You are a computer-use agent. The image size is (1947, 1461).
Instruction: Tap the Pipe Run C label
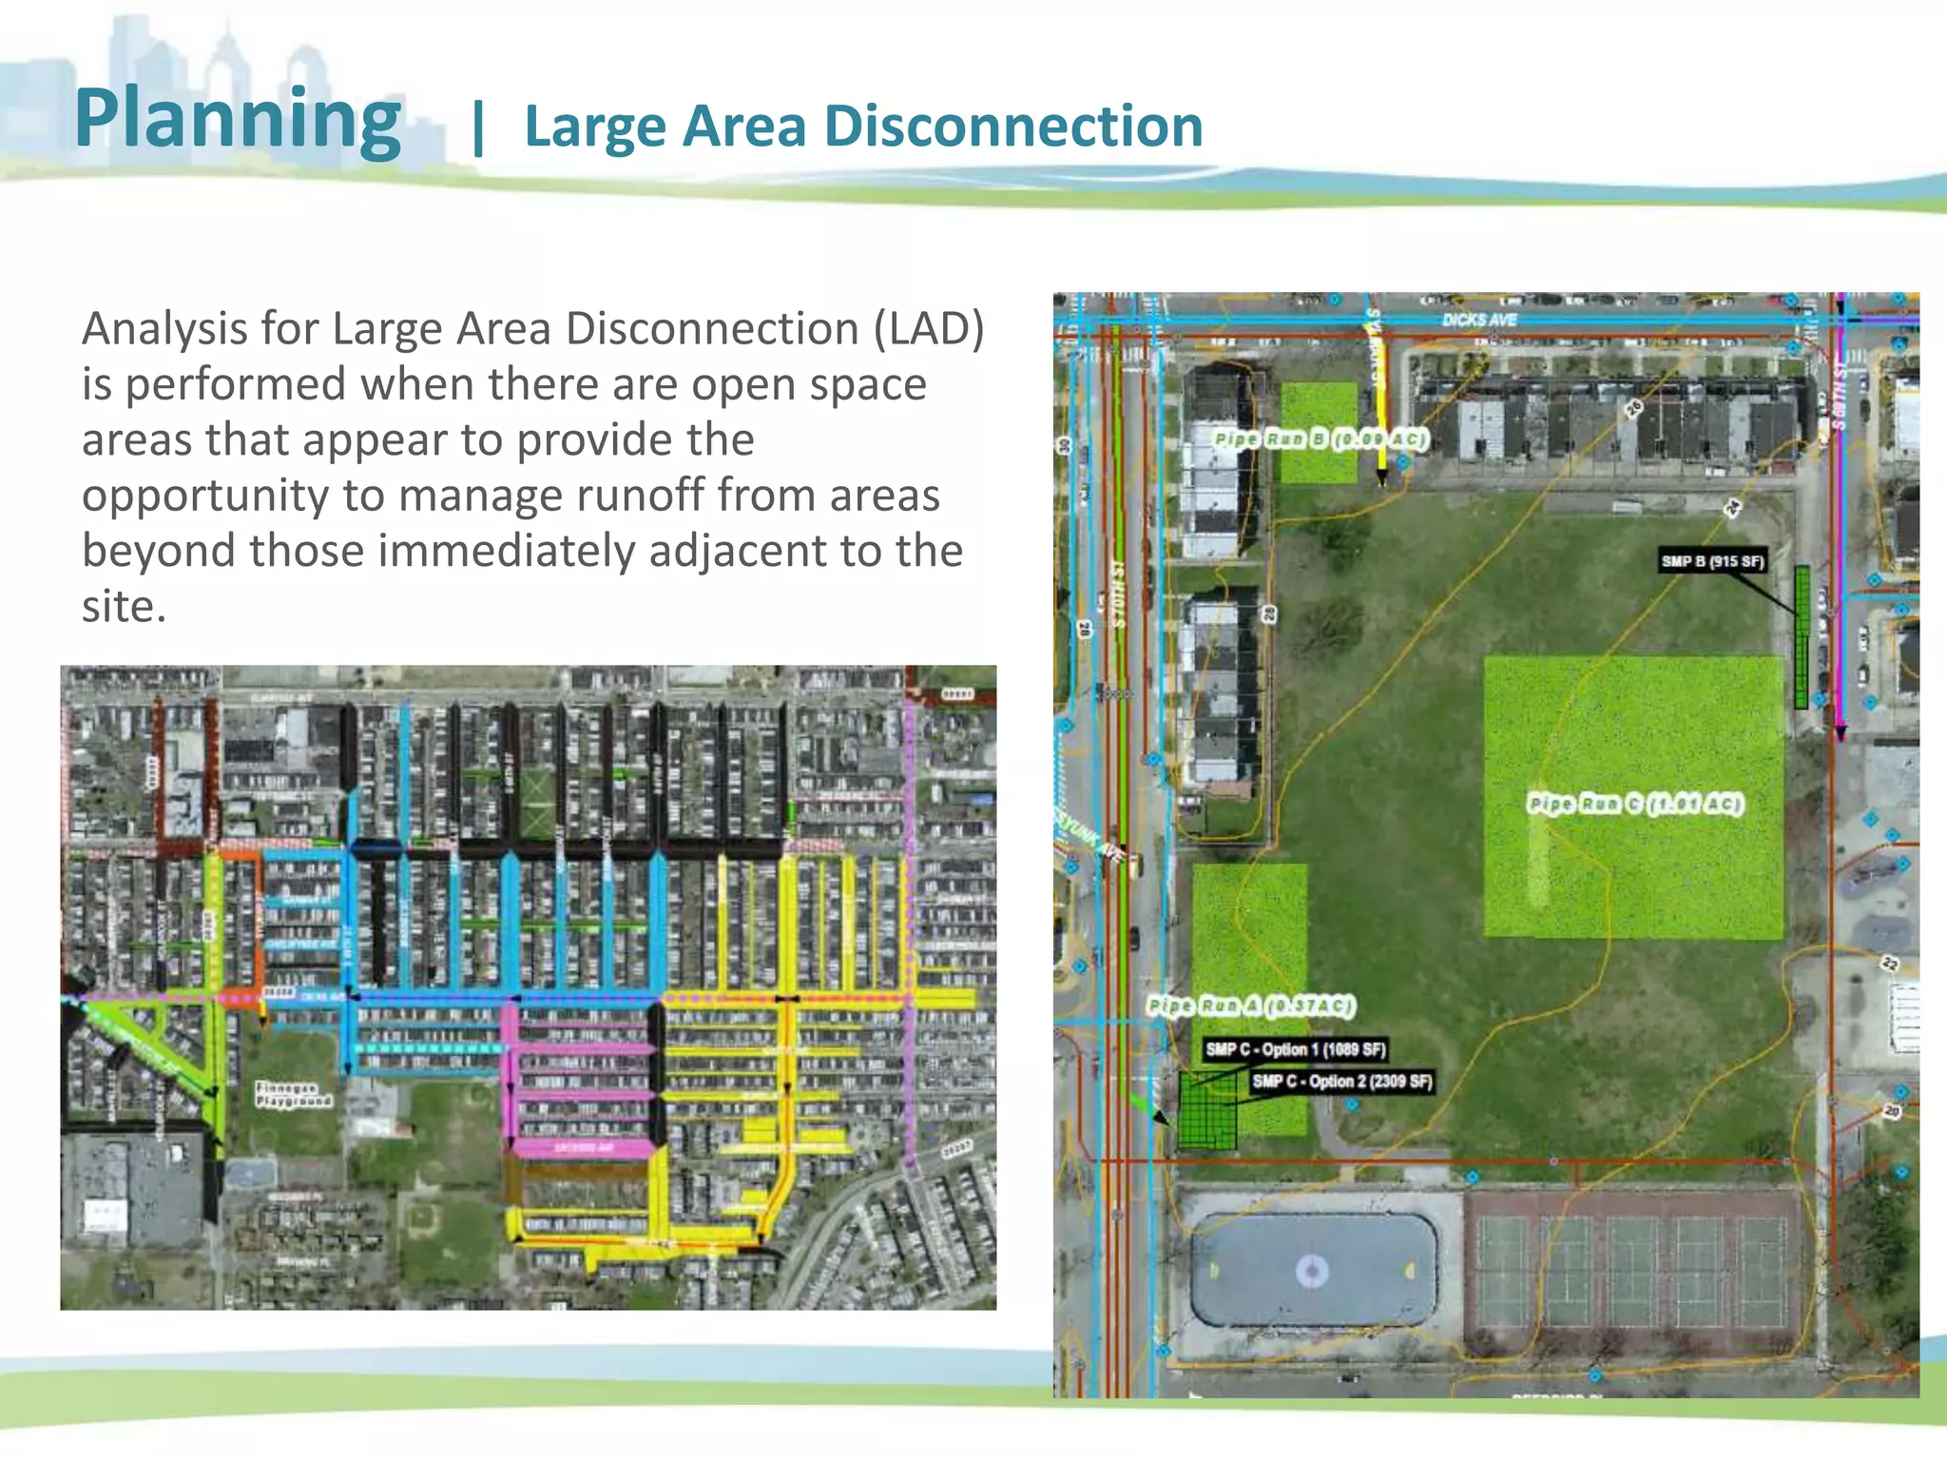(x=1635, y=804)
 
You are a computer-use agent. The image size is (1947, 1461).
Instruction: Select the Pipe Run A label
(x=1251, y=1005)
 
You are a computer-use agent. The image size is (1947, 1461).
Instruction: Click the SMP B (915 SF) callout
(x=1712, y=561)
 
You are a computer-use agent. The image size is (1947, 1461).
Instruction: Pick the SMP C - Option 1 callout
(x=1295, y=1049)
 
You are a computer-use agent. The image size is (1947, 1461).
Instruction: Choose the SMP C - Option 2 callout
(x=1341, y=1081)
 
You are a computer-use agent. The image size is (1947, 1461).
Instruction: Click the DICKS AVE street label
(x=1478, y=320)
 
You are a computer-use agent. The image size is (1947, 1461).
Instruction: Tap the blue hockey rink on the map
(x=1313, y=1270)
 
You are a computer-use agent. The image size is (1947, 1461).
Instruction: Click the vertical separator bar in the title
(x=477, y=127)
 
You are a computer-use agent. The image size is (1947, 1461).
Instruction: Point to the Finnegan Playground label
(x=294, y=1094)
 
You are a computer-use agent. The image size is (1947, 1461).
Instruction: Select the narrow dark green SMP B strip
(x=1802, y=637)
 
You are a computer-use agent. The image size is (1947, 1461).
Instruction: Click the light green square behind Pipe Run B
(x=1319, y=409)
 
